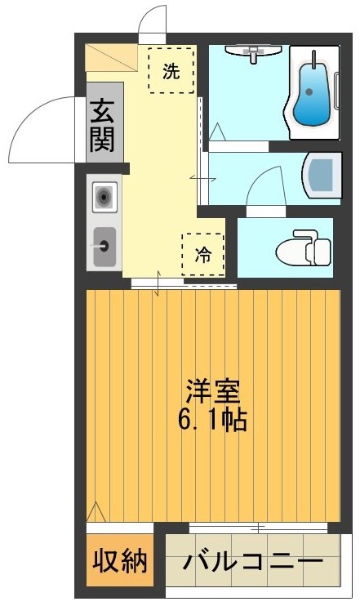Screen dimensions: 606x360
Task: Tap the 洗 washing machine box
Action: point(171,71)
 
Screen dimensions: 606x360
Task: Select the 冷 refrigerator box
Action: point(202,254)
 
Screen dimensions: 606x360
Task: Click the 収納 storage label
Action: point(119,562)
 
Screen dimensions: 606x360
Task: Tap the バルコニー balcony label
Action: point(252,563)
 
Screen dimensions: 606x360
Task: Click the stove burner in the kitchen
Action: point(104,197)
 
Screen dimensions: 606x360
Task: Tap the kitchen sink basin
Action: point(104,245)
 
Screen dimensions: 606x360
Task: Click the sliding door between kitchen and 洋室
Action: point(184,285)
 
